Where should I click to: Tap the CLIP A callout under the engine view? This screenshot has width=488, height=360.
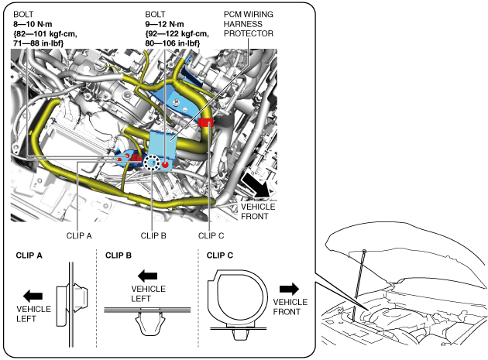tap(79, 236)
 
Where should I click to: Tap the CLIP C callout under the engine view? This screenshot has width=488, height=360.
tap(211, 236)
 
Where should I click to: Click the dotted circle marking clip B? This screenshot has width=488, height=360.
tap(154, 163)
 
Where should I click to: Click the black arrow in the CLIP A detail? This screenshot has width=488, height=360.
tap(33, 295)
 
